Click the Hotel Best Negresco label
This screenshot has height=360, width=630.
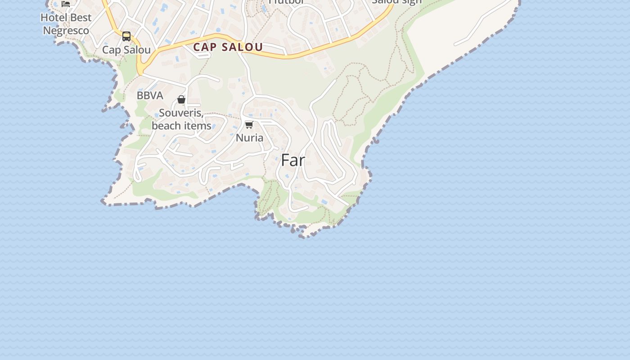66,24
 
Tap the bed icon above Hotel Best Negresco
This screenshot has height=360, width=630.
66,4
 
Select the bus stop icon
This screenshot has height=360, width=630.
126,36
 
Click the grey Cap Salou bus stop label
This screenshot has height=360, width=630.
126,49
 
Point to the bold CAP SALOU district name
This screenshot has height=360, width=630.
228,47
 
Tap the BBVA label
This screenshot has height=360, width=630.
150,95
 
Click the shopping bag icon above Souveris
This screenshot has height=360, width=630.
181,99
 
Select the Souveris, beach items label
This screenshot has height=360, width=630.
181,119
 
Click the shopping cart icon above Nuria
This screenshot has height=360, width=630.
249,125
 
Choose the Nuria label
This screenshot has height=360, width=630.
249,137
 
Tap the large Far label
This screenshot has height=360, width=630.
293,160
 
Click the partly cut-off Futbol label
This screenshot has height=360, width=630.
286,2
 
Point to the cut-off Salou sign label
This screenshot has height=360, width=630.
397,2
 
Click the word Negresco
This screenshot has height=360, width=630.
66,31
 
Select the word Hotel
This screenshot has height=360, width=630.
54,18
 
